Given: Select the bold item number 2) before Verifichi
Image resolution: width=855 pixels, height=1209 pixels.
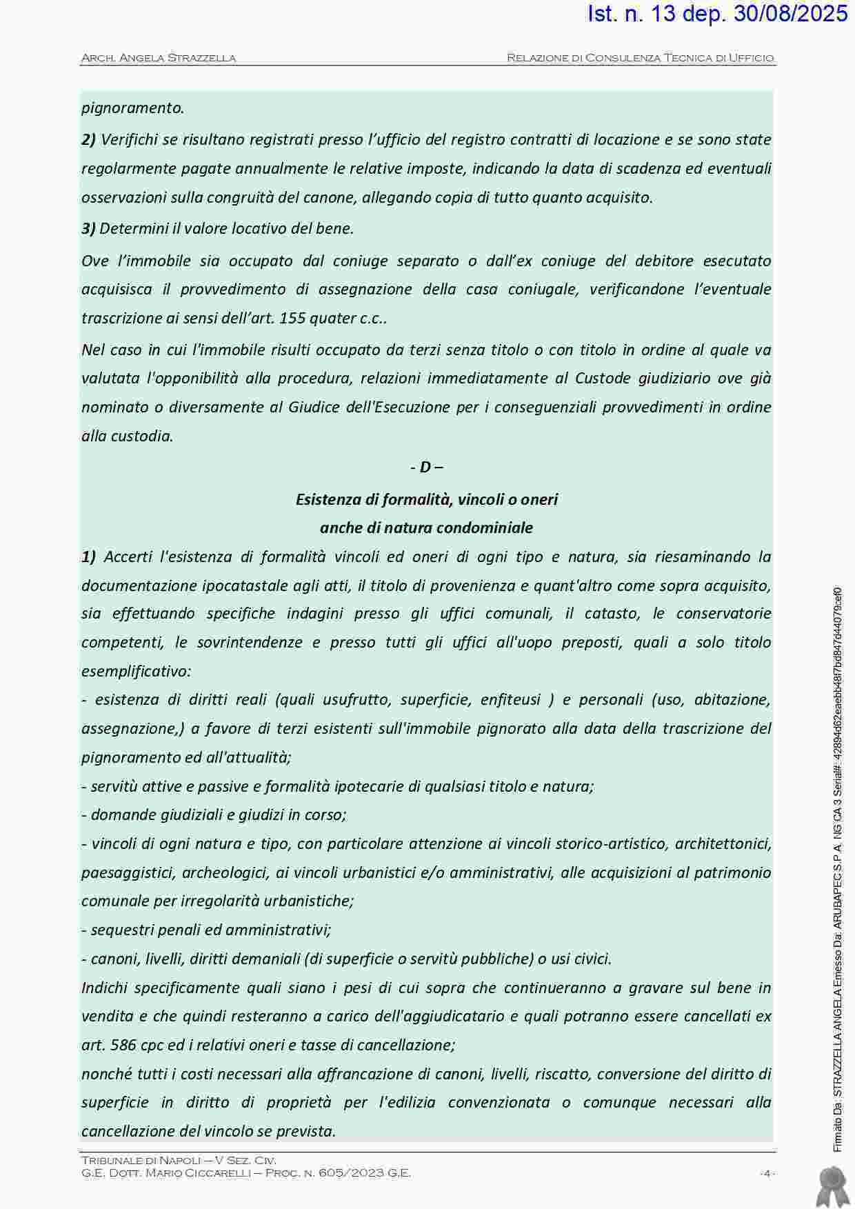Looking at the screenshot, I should coord(88,140).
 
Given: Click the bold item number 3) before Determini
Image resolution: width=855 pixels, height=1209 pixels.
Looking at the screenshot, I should coord(88,228).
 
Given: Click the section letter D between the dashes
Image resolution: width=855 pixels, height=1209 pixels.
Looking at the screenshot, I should coord(425,467).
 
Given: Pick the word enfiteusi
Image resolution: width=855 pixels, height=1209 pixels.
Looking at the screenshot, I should coord(510,699).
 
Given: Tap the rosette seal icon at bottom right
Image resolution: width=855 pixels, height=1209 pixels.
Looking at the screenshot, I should coord(832,1186).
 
